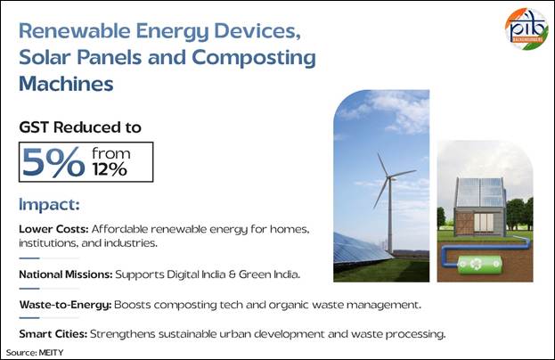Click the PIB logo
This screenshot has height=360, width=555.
(x=527, y=29)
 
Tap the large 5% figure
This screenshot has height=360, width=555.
(x=53, y=162)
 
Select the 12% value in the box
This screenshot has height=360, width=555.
(x=110, y=169)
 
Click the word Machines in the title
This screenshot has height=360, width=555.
(x=66, y=84)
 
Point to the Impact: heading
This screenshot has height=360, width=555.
(x=49, y=205)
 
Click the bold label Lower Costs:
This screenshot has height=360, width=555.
(x=53, y=229)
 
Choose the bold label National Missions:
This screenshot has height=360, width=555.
(x=66, y=274)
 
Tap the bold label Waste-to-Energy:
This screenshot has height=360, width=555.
(x=66, y=305)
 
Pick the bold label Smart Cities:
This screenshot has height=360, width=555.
(x=53, y=334)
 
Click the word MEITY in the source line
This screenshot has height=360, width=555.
(x=52, y=353)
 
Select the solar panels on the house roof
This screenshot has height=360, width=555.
(x=480, y=192)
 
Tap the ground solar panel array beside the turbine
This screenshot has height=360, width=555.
(x=361, y=250)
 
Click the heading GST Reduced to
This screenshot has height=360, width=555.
(x=80, y=127)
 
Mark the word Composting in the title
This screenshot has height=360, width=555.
(x=254, y=59)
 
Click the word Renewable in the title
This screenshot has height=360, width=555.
(x=75, y=31)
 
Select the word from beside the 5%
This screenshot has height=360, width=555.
(x=111, y=153)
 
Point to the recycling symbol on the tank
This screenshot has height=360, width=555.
(x=478, y=264)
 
